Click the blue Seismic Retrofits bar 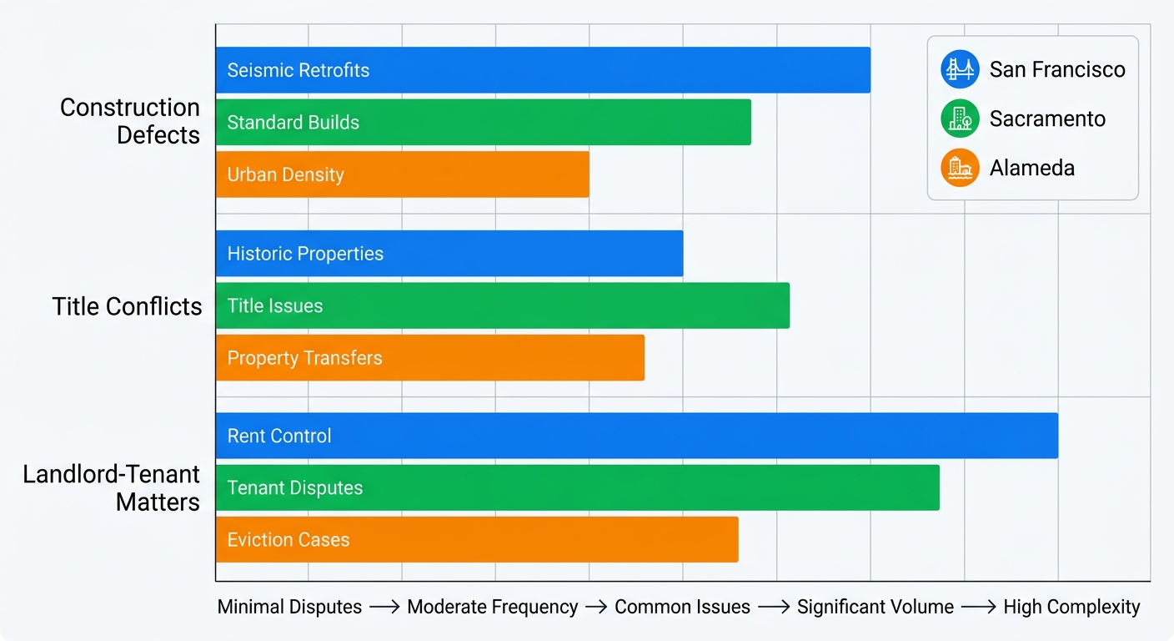click(x=542, y=70)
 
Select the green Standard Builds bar click(x=484, y=122)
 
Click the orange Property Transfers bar click(x=429, y=358)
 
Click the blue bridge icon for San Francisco click(x=960, y=69)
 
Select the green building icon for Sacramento click(x=960, y=119)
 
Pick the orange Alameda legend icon click(x=960, y=168)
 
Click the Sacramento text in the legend click(x=1047, y=119)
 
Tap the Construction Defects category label click(x=130, y=121)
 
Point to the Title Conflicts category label click(x=127, y=306)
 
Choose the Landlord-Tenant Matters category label click(x=112, y=488)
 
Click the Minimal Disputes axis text click(x=289, y=607)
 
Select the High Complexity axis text click(x=1071, y=607)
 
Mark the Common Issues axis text click(x=682, y=607)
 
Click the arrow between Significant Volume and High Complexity click(x=978, y=608)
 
